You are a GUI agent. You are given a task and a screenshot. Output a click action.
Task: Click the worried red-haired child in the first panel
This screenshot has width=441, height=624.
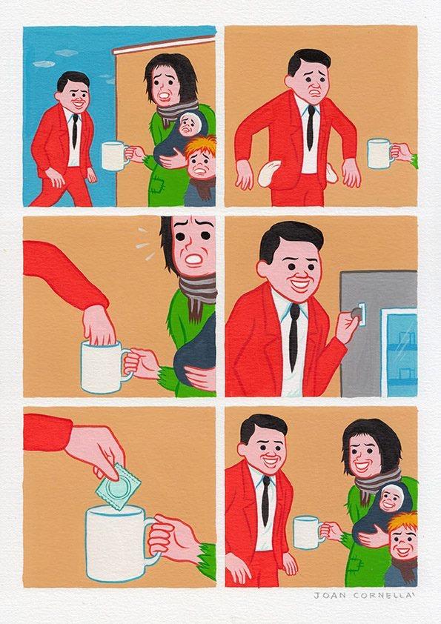(200, 170)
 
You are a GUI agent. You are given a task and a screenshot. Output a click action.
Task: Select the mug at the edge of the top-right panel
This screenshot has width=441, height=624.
(379, 153)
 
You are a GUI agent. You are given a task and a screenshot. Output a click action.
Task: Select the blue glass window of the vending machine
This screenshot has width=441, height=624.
(399, 353)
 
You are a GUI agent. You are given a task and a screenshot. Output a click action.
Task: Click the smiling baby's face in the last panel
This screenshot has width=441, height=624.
(397, 504)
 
